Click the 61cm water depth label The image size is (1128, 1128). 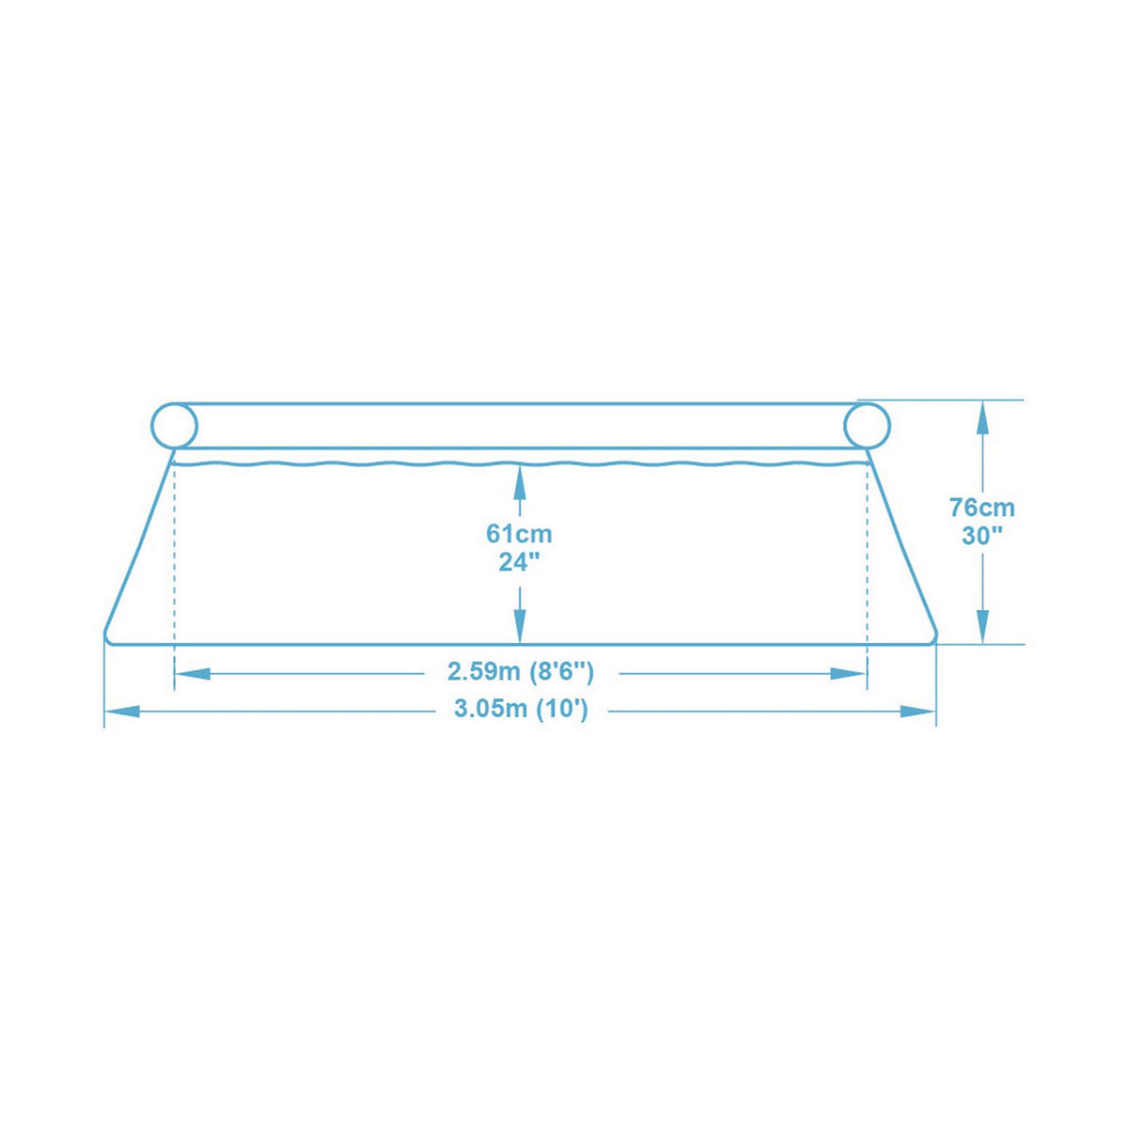coord(519,534)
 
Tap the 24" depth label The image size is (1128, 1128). coord(519,562)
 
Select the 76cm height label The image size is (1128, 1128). coord(982,508)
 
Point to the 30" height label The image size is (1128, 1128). coord(982,537)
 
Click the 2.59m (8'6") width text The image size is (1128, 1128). coord(521,672)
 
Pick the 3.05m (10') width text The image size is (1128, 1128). coord(521,710)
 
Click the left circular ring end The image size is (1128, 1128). coord(175,426)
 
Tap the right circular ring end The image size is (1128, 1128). coord(867,426)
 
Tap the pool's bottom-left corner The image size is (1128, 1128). coord(107,638)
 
